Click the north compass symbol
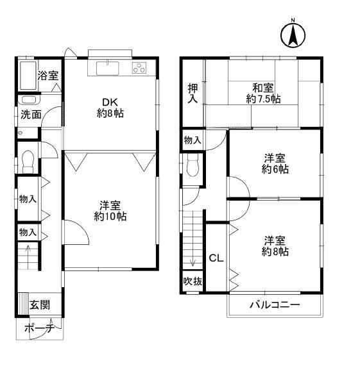click(x=293, y=35)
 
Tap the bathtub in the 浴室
click(x=28, y=76)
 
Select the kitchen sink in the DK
click(x=107, y=68)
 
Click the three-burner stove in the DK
click(x=139, y=68)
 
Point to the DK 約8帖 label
click(x=110, y=108)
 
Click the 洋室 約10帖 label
click(x=110, y=211)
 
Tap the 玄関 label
click(x=40, y=304)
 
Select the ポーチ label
click(x=39, y=328)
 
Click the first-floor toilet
click(x=28, y=162)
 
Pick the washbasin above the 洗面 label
click(x=29, y=100)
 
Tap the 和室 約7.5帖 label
click(x=263, y=94)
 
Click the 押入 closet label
click(x=193, y=93)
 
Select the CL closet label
click(x=216, y=258)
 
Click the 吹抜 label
click(x=193, y=281)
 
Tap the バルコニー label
click(x=275, y=305)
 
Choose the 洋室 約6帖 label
click(x=275, y=163)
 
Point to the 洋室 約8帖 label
click(x=275, y=246)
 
